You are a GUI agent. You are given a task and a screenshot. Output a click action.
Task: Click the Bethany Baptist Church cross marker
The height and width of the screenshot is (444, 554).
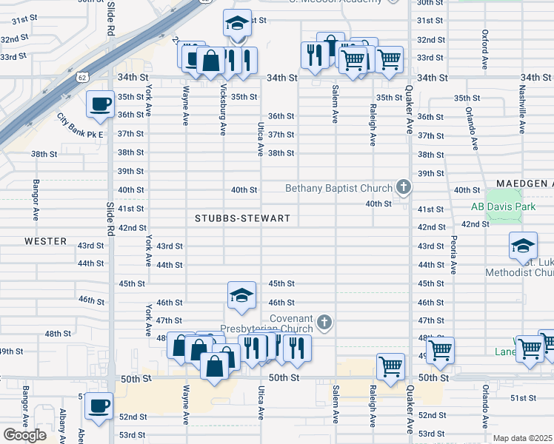[404, 186]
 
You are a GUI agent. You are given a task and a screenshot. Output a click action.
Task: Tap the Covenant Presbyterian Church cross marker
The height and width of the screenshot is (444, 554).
[324, 322]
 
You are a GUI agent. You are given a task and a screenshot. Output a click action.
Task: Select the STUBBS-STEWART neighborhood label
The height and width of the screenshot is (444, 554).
[242, 218]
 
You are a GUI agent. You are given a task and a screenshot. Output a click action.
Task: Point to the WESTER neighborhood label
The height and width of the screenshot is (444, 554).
[46, 241]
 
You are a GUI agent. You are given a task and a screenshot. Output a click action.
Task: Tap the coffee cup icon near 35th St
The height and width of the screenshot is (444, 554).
[100, 104]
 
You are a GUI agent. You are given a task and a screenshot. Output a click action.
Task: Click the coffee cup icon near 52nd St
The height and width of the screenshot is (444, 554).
[99, 405]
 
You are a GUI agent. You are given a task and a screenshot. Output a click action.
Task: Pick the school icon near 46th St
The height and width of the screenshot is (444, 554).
[241, 295]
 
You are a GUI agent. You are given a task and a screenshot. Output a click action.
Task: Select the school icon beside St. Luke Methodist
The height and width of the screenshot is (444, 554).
[523, 246]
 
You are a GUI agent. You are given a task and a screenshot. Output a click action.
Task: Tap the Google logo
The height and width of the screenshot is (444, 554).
[24, 434]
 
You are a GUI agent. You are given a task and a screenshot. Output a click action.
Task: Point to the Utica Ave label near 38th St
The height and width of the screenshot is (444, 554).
[261, 139]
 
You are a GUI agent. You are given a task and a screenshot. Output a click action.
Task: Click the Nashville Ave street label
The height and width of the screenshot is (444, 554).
[521, 114]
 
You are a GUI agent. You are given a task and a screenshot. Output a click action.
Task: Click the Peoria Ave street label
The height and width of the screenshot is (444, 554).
[452, 255]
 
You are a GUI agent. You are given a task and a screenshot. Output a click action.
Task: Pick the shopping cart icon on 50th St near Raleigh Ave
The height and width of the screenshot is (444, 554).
[390, 365]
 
